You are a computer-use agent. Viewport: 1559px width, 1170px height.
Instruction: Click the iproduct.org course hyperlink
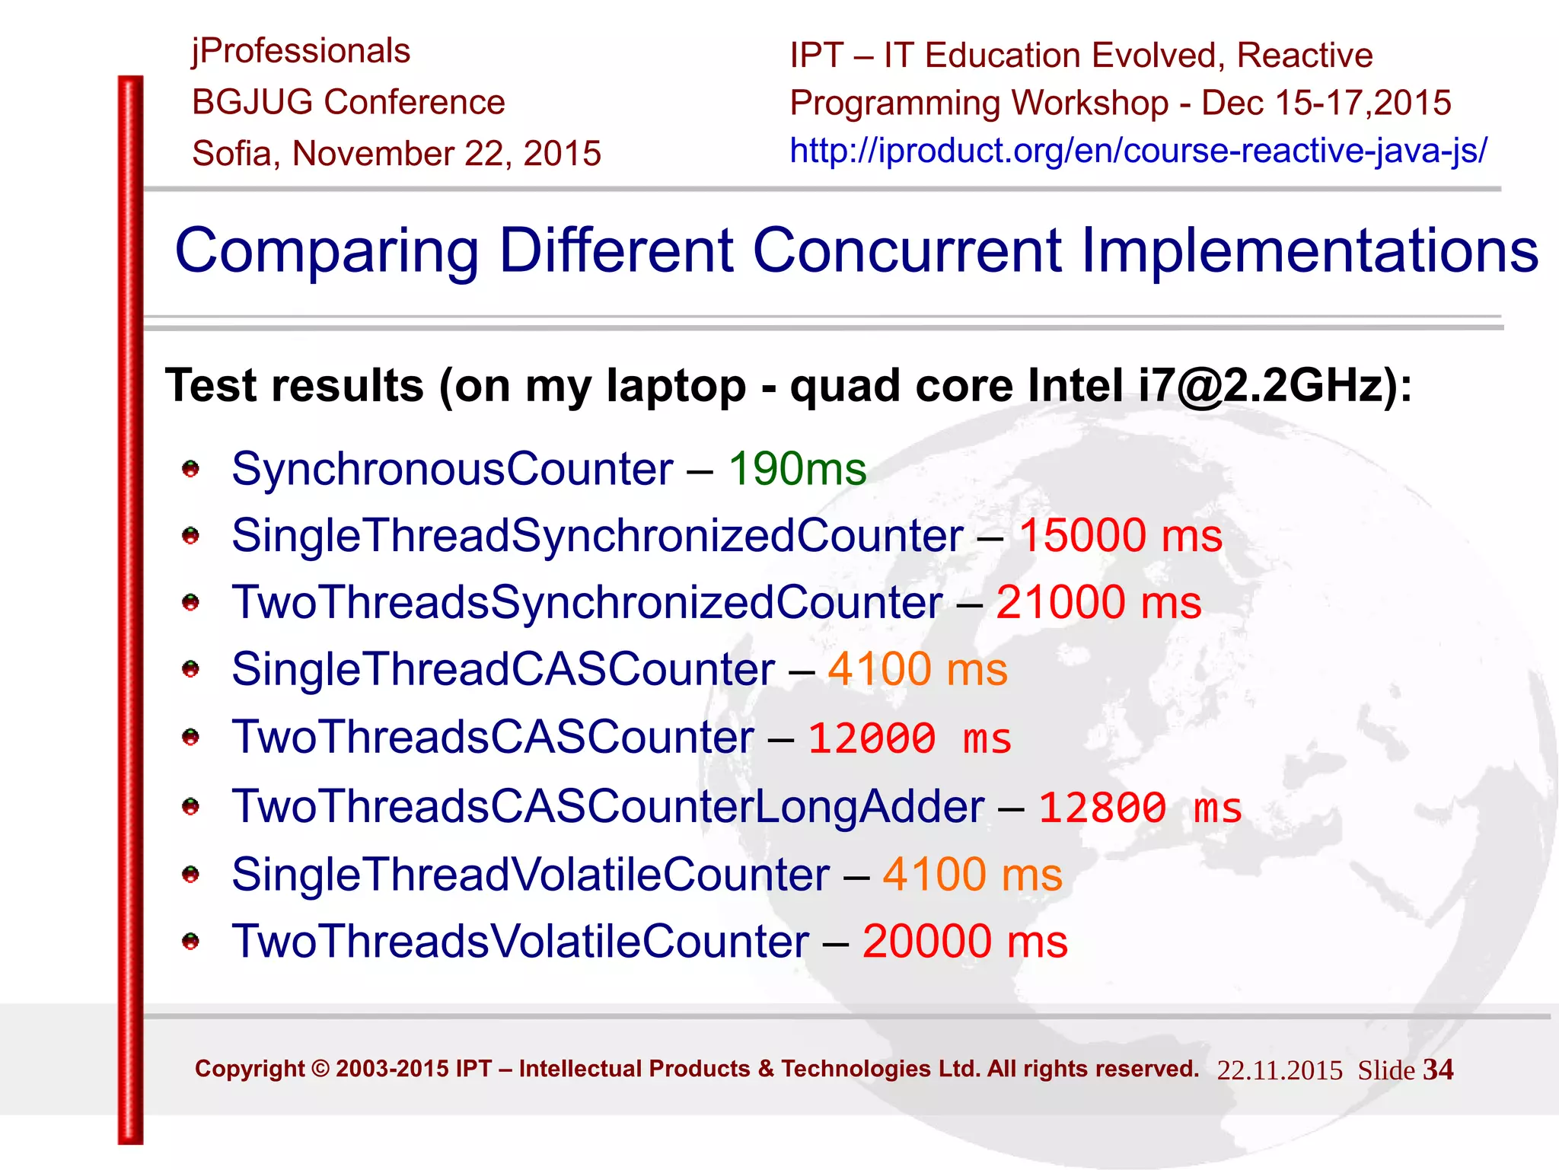(1138, 151)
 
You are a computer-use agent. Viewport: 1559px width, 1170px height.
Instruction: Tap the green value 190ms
(797, 469)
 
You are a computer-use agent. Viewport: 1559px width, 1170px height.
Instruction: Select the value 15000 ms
(1121, 535)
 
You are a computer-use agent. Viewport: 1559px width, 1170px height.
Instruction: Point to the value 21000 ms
(1098, 602)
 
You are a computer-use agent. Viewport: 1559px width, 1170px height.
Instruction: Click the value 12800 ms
(1140, 808)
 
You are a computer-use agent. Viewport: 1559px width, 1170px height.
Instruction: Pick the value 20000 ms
(964, 942)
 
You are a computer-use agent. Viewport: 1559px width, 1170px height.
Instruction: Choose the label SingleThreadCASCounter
(503, 670)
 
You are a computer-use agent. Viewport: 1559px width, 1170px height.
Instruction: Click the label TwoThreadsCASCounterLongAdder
(607, 807)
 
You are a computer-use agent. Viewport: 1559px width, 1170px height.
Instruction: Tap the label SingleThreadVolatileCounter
(531, 875)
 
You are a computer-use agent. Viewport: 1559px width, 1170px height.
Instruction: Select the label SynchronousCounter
(452, 469)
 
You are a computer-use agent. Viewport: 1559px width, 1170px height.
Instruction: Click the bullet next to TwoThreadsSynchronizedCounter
(190, 603)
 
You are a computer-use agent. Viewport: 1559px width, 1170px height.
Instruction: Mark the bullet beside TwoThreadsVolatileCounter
(190, 942)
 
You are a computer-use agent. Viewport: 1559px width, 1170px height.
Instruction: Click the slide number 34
(1438, 1070)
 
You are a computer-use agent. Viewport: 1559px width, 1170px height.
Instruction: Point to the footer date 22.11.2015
(1279, 1071)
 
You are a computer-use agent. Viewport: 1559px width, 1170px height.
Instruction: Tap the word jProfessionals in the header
(301, 52)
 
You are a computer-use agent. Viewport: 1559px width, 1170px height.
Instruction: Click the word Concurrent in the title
(907, 250)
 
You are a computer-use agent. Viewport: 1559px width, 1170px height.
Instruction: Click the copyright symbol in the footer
(320, 1069)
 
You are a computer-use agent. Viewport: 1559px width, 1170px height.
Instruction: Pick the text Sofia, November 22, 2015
(397, 154)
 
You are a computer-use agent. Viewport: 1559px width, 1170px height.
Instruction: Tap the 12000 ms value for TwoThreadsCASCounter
(909, 739)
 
